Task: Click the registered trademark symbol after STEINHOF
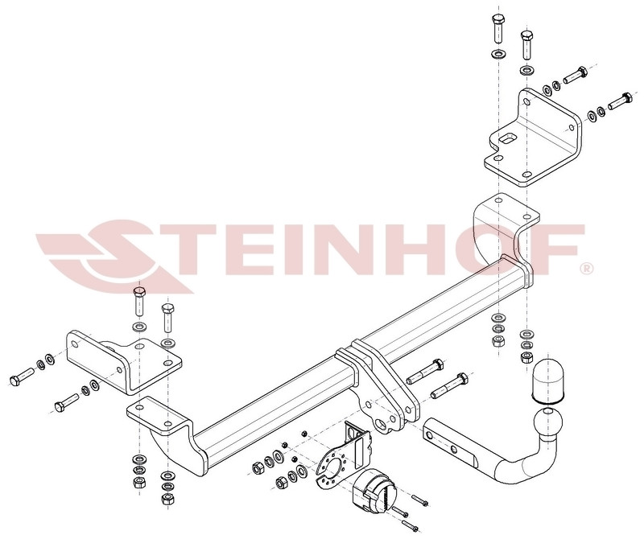tap(587, 269)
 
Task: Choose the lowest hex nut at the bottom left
tap(167, 499)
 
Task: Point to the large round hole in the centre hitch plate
tap(382, 425)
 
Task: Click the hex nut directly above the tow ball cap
tap(526, 356)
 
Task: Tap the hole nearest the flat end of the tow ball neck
tap(429, 434)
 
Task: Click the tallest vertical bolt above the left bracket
tap(139, 302)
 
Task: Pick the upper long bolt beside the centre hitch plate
tap(425, 372)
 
